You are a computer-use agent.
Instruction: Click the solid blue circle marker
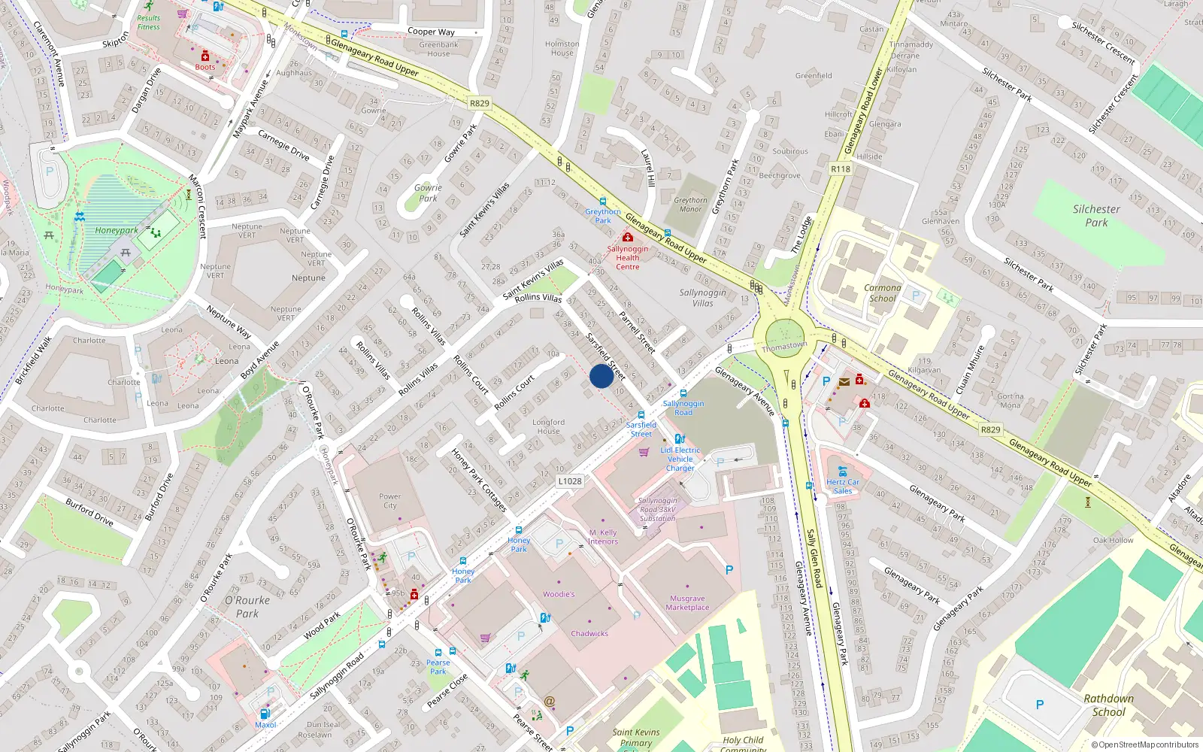601,376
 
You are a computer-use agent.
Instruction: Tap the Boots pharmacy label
205,67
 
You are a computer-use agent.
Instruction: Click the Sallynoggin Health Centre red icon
628,238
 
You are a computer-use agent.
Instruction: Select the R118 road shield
841,169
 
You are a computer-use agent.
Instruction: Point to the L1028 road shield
570,481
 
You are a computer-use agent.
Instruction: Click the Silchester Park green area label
1096,216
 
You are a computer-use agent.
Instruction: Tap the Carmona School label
883,293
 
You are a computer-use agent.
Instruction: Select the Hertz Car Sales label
843,487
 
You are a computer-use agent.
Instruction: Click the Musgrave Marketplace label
687,603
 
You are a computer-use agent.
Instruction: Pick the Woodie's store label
559,594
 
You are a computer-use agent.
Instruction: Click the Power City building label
389,501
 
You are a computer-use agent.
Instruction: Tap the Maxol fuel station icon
265,714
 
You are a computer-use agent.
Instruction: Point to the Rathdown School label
1108,705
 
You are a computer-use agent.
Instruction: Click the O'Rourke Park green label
247,607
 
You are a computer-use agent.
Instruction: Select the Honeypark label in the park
117,231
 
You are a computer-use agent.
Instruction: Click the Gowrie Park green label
428,193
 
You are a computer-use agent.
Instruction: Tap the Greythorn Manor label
690,205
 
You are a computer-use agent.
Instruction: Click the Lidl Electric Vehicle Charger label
680,459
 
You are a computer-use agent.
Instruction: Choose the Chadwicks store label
589,633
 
